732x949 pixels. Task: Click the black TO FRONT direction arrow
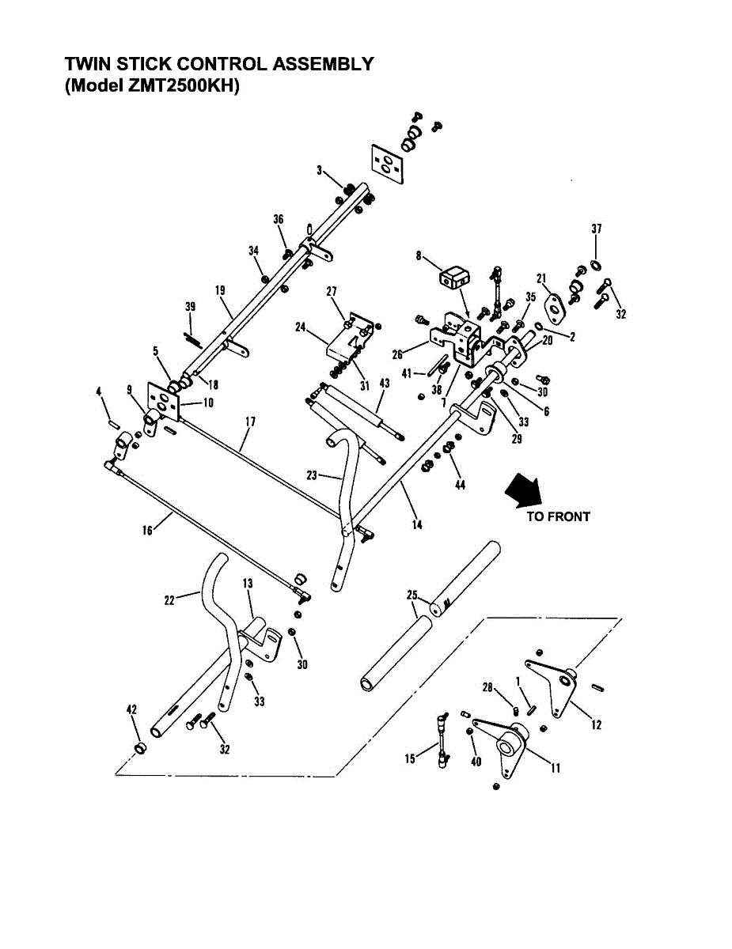[523, 489]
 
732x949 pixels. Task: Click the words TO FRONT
[558, 517]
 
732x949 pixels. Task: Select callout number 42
[132, 709]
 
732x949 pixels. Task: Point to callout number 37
[597, 229]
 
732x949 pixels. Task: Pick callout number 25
[412, 593]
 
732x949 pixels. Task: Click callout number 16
[147, 531]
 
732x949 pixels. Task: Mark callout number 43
[385, 384]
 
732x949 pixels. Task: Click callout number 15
[410, 759]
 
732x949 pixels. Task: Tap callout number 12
[596, 725]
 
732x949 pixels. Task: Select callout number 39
[190, 307]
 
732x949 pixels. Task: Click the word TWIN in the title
[85, 64]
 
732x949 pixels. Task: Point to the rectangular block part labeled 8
[453, 278]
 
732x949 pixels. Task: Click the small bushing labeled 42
[140, 747]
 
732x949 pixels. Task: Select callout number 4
[99, 391]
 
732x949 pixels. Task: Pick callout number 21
[541, 278]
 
